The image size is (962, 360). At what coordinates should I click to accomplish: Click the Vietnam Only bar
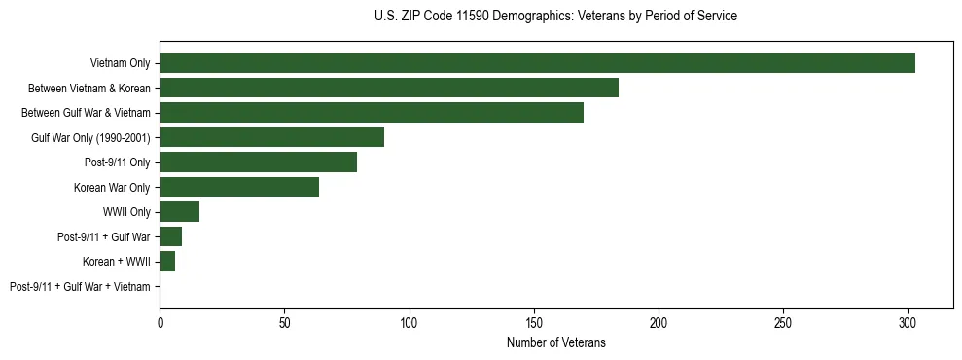coord(537,63)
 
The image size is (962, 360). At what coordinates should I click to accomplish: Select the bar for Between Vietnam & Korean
coord(389,88)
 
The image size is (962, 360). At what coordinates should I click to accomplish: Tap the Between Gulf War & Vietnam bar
coord(372,113)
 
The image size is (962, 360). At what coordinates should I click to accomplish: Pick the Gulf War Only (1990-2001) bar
coord(271,137)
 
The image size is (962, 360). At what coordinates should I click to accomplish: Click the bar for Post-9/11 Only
coord(258,162)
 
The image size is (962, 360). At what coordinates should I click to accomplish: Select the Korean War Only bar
coord(239,187)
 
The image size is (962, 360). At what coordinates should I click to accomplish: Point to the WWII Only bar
coord(180,212)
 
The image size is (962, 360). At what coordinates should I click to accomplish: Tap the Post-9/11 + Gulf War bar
coord(171,236)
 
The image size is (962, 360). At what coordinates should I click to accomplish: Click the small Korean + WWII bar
coord(167,262)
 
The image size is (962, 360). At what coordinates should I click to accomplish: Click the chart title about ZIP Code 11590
coord(555,17)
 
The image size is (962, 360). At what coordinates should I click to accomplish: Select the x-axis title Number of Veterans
coord(555,342)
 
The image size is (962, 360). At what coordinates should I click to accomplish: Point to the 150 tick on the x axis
coord(534,321)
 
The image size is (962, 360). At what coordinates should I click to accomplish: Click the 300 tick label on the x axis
coord(908,321)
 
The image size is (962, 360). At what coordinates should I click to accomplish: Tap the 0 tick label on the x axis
coord(160,321)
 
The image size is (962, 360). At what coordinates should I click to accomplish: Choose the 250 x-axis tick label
coord(783,321)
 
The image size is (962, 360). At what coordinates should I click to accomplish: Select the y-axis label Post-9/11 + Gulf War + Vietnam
coord(80,287)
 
